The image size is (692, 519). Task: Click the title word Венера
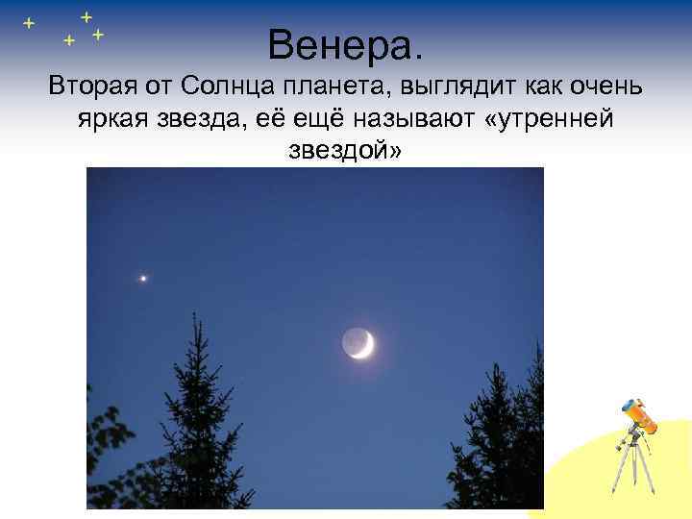345,43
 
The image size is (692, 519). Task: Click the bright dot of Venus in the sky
143,278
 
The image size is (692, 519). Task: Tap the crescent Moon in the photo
358,343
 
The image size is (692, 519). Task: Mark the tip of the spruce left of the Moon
195,313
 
